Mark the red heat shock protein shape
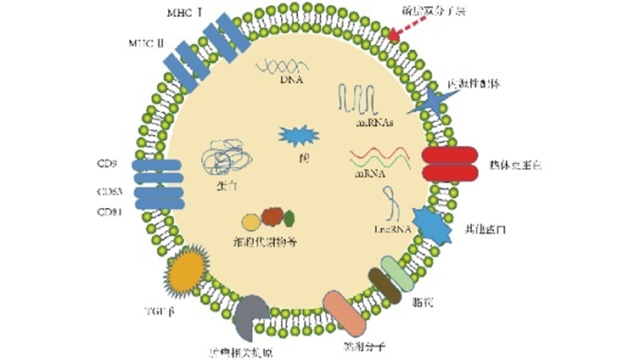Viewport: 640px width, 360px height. (451, 164)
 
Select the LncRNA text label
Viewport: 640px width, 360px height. (392, 229)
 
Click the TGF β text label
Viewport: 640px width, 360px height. (158, 312)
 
